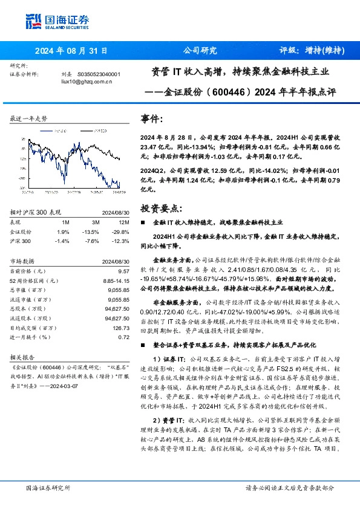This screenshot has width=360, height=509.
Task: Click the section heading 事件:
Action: click(151, 118)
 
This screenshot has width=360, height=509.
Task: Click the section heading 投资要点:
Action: click(160, 208)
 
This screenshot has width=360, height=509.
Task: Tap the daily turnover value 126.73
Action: click(121, 328)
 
